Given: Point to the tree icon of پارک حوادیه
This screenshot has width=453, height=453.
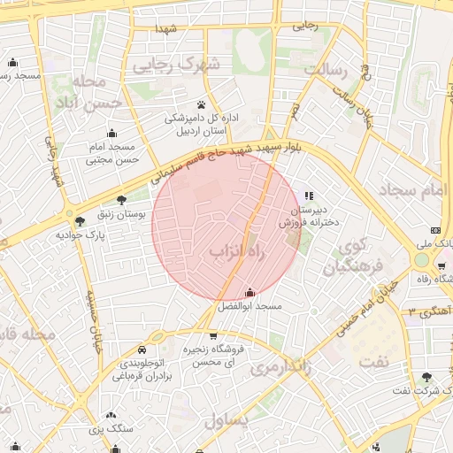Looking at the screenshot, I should click(81, 221).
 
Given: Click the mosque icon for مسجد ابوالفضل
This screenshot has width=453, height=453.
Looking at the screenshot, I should click(250, 292).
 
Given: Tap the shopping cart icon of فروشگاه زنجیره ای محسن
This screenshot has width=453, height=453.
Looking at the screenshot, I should click(213, 335).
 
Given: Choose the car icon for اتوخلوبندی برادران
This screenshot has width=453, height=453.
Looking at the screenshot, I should click(142, 349).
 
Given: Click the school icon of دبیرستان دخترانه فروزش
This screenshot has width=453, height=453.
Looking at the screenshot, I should click(308, 196).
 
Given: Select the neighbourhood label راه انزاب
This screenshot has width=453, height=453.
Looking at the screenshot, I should click(237, 253).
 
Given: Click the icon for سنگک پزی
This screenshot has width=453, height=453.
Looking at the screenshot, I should click(111, 414).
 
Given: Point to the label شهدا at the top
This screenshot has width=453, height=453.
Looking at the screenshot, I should click(167, 28).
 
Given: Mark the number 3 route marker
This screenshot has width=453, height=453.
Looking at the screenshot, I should click(412, 311).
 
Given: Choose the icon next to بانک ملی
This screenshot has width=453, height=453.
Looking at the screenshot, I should click(435, 229).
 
